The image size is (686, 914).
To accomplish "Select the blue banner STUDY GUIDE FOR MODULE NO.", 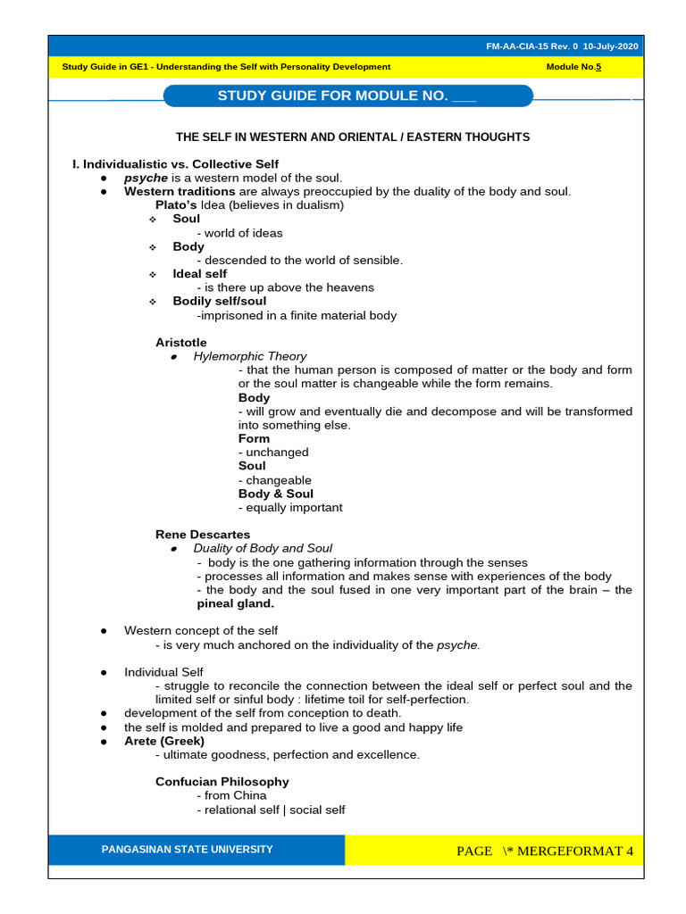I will [x=347, y=96].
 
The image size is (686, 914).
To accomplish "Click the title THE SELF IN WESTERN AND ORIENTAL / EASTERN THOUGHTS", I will [x=353, y=137].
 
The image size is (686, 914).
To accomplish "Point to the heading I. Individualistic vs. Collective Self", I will [x=175, y=164].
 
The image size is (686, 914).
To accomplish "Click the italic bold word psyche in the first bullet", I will [x=146, y=178].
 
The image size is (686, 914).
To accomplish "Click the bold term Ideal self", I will [x=199, y=274].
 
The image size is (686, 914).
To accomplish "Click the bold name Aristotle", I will [x=180, y=343].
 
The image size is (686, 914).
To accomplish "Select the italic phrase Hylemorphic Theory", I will [x=249, y=356].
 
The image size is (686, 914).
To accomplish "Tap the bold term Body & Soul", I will [x=275, y=494].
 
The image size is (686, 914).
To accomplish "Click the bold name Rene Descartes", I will [x=203, y=535].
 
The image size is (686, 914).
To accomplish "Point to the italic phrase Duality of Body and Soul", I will [x=263, y=548].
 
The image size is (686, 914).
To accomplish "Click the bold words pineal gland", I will [x=235, y=603].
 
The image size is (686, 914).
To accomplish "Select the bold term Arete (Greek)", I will [x=164, y=741].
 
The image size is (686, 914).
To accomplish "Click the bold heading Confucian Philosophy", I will [x=222, y=782].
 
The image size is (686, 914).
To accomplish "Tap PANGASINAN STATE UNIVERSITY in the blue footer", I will [x=188, y=849].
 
